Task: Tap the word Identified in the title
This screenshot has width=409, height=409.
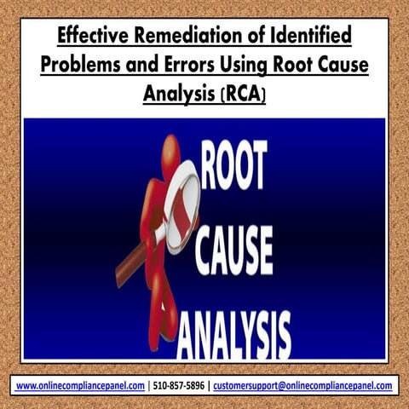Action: [311, 35]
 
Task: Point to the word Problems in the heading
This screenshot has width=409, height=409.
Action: [80, 65]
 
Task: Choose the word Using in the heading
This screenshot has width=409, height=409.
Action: [244, 66]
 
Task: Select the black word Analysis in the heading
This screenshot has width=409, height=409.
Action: [179, 95]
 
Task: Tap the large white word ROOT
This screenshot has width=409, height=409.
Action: [234, 164]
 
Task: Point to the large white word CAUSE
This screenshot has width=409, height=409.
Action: [234, 251]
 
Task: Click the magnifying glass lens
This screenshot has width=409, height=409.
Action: [182, 207]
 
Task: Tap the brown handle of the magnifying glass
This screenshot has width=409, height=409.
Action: [134, 262]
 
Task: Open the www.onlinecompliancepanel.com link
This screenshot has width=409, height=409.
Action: [80, 386]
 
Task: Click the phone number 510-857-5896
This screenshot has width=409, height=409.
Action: [179, 386]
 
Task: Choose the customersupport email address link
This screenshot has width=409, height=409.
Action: [302, 386]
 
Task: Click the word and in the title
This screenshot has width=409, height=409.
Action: [141, 65]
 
